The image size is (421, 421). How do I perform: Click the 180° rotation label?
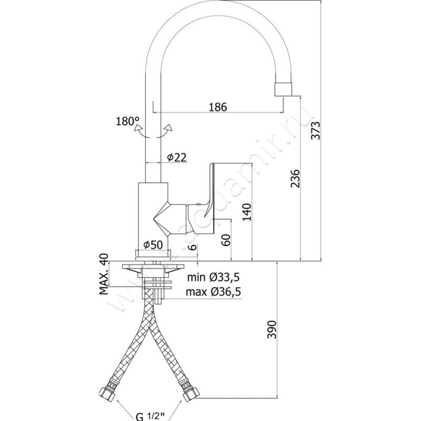[128, 122]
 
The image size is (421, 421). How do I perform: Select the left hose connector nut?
[108, 392]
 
